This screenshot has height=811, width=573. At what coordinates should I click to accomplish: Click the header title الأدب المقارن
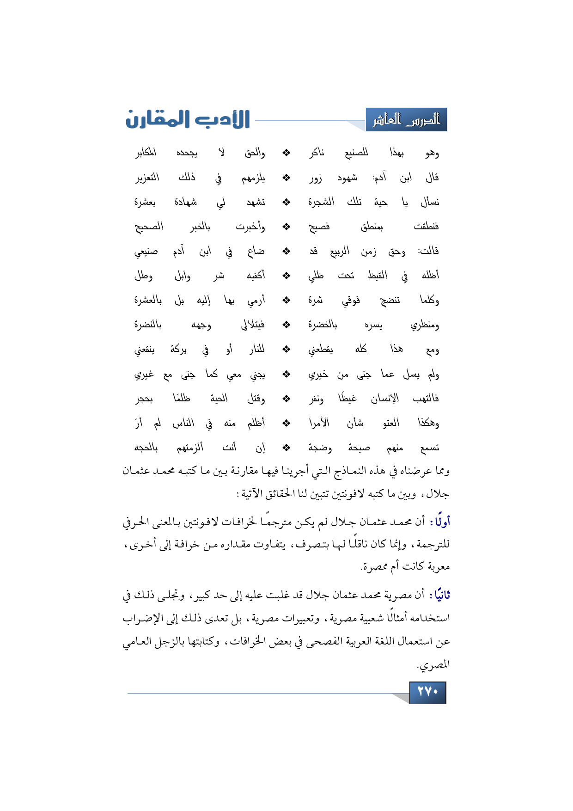(x=188, y=119)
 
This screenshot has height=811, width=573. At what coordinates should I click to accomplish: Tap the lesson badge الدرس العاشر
(x=406, y=120)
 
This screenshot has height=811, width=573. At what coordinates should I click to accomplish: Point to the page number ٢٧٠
(x=427, y=692)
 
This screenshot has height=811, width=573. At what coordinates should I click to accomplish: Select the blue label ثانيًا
(x=439, y=595)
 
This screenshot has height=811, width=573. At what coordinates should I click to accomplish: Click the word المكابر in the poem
(x=146, y=153)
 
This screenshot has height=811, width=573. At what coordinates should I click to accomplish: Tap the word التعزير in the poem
(x=147, y=178)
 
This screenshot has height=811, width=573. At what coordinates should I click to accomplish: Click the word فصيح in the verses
(x=319, y=227)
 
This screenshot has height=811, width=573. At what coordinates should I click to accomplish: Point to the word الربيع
(x=340, y=251)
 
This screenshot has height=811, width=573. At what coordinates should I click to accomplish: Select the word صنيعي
(x=146, y=252)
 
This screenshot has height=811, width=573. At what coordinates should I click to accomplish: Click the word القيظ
(x=378, y=276)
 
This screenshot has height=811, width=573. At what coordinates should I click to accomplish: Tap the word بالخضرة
(x=323, y=325)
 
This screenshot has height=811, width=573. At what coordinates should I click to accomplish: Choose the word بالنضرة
(x=148, y=325)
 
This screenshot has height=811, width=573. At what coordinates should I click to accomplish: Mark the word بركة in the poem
(x=178, y=350)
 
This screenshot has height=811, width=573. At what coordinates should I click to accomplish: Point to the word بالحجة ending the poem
(x=146, y=448)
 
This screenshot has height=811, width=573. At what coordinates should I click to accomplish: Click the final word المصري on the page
(x=433, y=665)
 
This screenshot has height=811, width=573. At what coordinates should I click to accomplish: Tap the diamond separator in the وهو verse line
(x=286, y=153)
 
